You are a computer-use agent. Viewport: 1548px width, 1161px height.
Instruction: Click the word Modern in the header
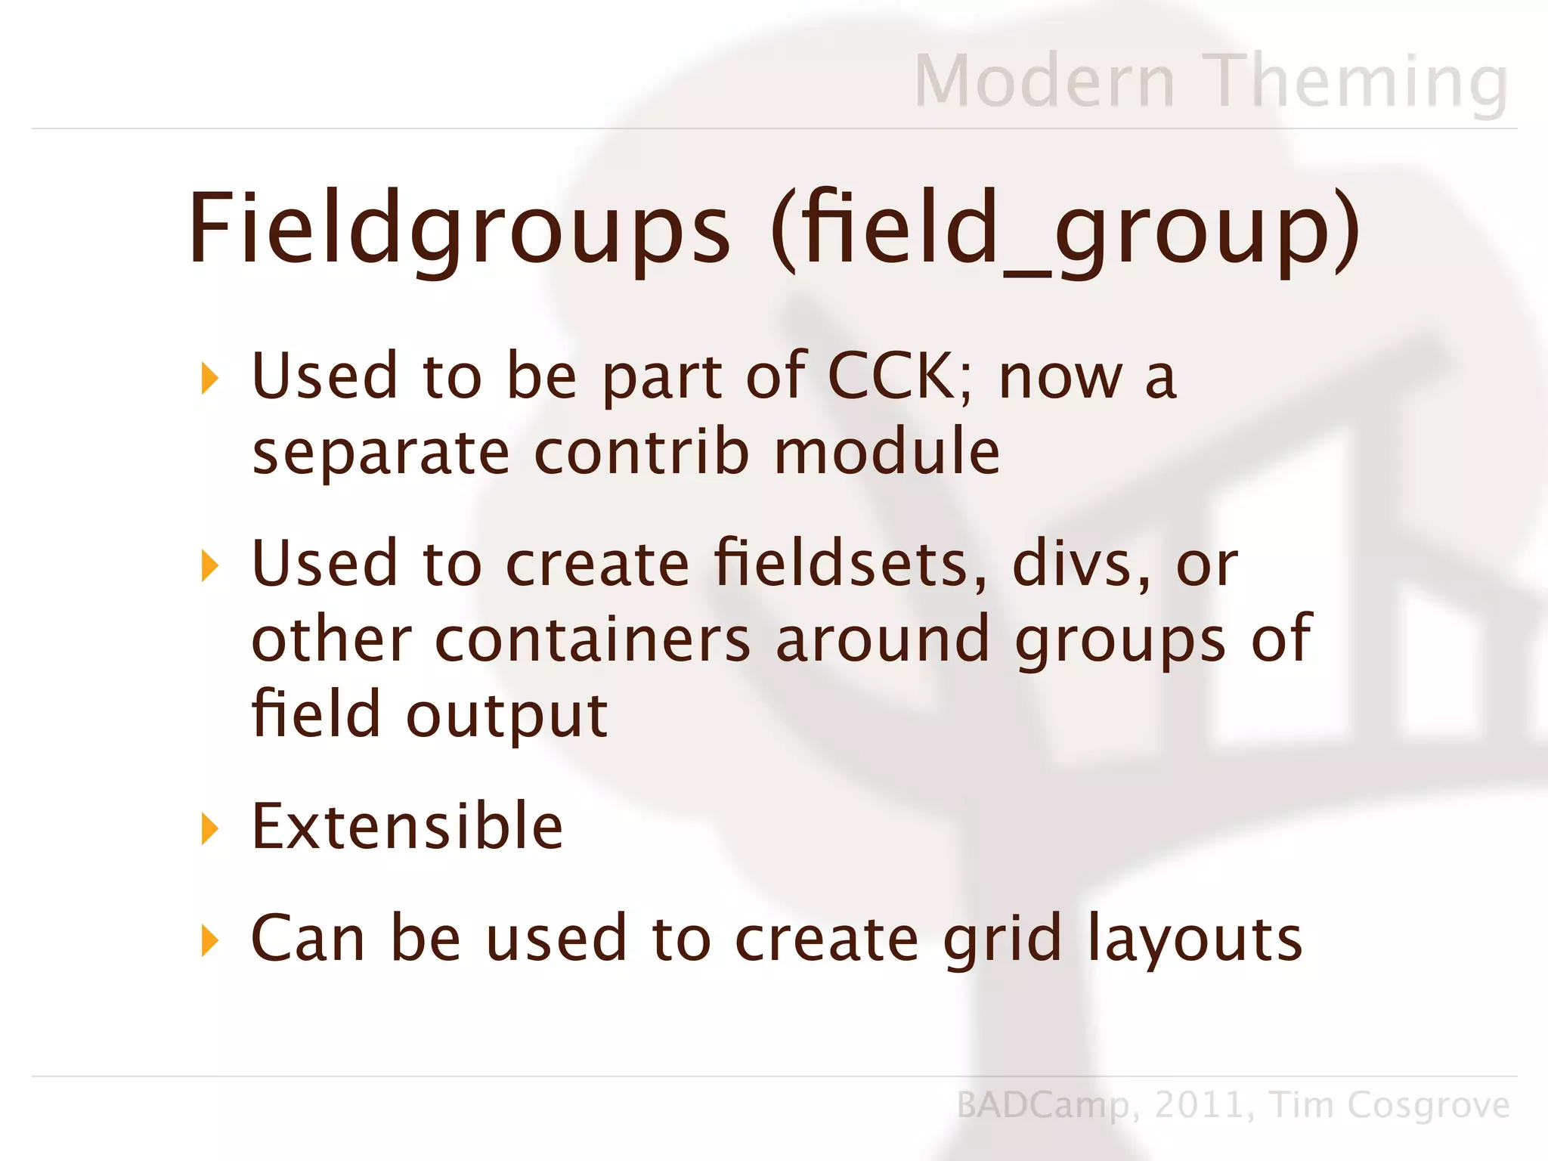1045,81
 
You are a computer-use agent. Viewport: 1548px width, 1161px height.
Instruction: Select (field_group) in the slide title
1066,229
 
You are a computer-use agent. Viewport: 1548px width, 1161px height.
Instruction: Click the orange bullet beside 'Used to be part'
209,378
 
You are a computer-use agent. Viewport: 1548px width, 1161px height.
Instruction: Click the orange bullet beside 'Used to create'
209,565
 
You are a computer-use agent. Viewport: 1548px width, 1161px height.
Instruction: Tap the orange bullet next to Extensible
209,828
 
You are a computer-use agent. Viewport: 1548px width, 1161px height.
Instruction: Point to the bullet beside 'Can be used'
209,940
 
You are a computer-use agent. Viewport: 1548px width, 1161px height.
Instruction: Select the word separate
381,454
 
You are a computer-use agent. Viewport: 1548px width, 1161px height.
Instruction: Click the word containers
593,639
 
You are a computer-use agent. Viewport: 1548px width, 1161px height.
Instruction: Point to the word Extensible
407,826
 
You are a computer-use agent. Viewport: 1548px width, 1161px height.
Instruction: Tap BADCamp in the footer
1043,1106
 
